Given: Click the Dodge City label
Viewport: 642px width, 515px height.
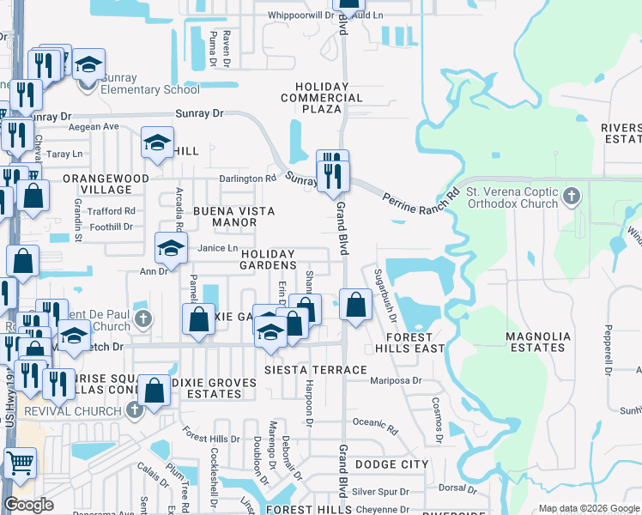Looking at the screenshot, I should point(391,463).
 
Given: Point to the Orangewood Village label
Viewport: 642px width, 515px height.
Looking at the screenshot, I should point(106,184).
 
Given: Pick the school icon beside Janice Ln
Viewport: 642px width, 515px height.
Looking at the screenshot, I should point(171,249).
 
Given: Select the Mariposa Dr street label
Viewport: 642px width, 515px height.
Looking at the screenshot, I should point(397,379).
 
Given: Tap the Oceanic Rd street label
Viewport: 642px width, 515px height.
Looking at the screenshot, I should point(376,421).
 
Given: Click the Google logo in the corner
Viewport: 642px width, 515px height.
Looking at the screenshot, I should point(28,505).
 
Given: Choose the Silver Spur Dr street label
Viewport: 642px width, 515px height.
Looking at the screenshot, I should point(377,491).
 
